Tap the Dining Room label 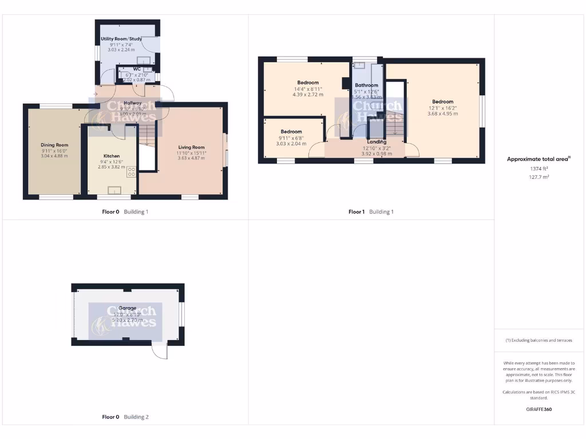pos(54,145)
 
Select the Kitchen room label pos(112,155)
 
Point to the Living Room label pos(191,147)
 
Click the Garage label pos(127,308)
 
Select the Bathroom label pos(366,85)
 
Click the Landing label pos(377,142)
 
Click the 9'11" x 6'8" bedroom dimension pos(291,138)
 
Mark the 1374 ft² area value pos(538,169)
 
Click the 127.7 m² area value pos(538,177)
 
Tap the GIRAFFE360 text pos(538,409)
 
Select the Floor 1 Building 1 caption pos(371,212)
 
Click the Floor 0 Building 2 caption pos(124,417)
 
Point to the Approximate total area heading pos(539,159)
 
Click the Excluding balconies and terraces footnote pos(539,340)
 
